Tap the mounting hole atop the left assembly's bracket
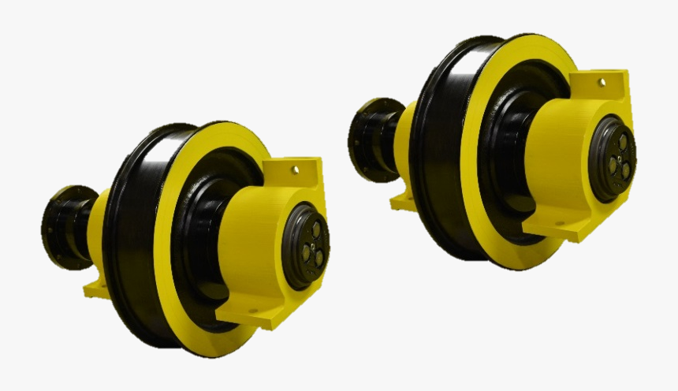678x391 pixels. pyautogui.click(x=296, y=168)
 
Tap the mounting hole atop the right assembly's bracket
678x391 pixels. pyautogui.click(x=602, y=81)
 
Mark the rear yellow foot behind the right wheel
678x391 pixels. pyautogui.click(x=403, y=200)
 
